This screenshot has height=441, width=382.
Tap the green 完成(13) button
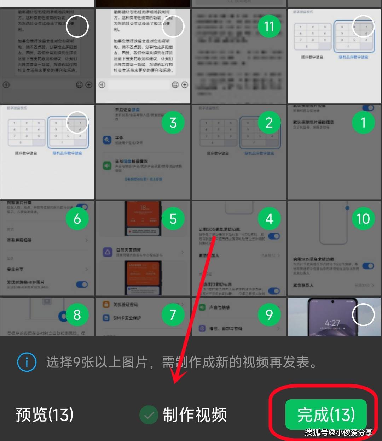pos(325,414)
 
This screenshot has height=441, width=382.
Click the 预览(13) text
pos(45,414)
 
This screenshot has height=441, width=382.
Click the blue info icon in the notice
pos(27,362)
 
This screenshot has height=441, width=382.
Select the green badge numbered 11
pos(269,27)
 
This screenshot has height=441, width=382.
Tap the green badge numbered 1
pos(363,123)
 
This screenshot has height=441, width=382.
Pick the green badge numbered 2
pos(269,123)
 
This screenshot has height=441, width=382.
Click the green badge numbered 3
pos(173,123)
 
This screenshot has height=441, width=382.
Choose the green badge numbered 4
pos(269,219)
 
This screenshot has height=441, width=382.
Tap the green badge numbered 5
pos(173,219)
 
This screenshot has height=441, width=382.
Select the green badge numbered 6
pos(77,219)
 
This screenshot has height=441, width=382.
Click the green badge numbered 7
pos(173,314)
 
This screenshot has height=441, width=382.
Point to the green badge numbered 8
pos(77,314)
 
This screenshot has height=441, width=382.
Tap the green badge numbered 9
pos(269,314)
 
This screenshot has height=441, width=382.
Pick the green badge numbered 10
pos(363,219)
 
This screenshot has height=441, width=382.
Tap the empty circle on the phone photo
pos(363,314)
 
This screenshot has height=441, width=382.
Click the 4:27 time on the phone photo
pos(332,323)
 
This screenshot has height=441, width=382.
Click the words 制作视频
pos(195,415)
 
